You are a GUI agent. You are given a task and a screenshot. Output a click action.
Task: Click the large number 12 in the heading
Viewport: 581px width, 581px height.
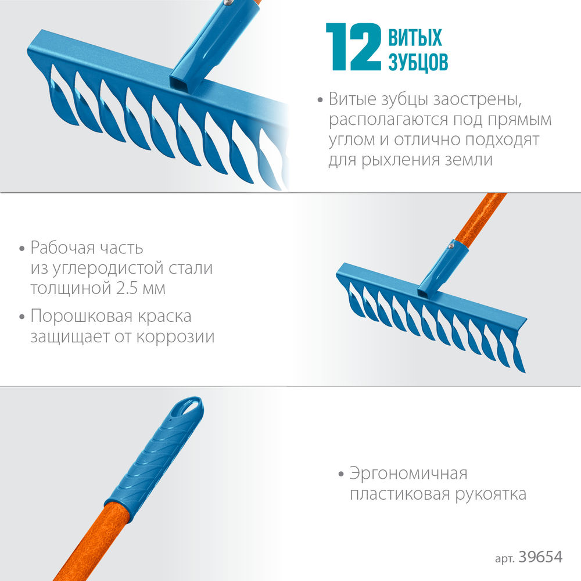pyautogui.click(x=353, y=47)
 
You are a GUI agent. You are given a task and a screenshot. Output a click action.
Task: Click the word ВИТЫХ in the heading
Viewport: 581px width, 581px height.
pyautogui.click(x=415, y=38)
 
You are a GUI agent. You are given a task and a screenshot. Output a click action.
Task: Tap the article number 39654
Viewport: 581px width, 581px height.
pyautogui.click(x=543, y=557)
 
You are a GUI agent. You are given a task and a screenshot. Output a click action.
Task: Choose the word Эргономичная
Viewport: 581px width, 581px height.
pyautogui.click(x=408, y=474)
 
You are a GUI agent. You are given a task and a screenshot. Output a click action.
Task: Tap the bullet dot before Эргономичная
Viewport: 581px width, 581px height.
pyautogui.click(x=341, y=474)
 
